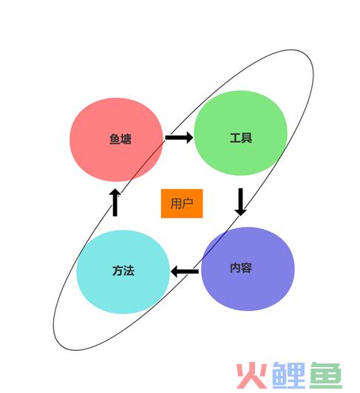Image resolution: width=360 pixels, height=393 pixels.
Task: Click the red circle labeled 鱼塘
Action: [116, 140]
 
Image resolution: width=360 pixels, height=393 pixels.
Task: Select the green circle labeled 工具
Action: [240, 133]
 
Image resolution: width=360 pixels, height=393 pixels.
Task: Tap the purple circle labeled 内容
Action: [248, 269]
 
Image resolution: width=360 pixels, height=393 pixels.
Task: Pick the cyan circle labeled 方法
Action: [123, 272]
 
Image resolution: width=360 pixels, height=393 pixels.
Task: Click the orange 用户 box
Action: [182, 204]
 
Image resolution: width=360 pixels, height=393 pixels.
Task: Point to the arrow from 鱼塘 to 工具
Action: [179, 137]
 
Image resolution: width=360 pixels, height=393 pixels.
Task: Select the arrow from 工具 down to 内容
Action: [240, 202]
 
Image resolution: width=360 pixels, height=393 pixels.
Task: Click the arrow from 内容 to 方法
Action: [185, 271]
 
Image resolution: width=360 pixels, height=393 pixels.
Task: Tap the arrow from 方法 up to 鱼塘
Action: [115, 202]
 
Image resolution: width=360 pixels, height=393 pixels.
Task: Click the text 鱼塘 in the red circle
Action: [120, 140]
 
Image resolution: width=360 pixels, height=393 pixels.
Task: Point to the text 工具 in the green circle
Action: [241, 138]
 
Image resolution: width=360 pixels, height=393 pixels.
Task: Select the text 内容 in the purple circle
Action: [241, 267]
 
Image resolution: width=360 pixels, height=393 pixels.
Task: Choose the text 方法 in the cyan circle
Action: [123, 270]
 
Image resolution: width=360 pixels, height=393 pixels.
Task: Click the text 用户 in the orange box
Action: [182, 203]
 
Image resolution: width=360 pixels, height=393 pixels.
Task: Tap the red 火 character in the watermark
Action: [252, 375]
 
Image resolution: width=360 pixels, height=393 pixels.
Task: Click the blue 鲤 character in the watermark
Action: [289, 375]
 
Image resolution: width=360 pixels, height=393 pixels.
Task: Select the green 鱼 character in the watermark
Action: [326, 375]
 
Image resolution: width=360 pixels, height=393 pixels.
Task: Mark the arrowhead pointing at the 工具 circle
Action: [189, 137]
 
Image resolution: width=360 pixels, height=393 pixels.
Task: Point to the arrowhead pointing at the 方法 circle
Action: [175, 271]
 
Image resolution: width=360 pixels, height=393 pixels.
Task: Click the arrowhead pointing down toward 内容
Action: [240, 212]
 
